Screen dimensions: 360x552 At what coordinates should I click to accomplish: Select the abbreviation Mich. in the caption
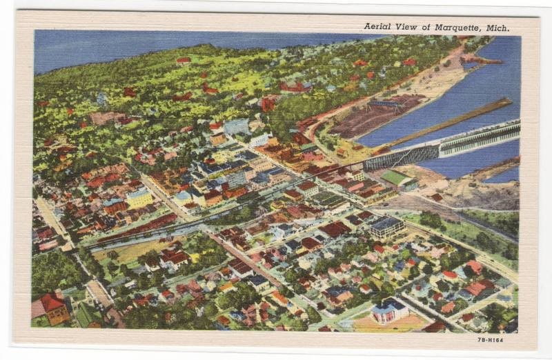point(497,28)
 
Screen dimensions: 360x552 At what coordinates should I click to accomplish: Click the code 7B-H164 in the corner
point(490,339)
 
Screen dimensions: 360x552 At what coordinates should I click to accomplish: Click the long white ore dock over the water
point(476,138)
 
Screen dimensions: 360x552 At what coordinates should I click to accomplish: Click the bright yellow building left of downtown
point(139,198)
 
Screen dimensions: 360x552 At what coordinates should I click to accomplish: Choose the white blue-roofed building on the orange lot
point(389,310)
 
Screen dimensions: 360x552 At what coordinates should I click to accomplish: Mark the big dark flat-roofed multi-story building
point(386,226)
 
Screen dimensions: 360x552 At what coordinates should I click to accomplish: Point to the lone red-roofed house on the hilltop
point(183,61)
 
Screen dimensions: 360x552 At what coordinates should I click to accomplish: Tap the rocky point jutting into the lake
point(480,61)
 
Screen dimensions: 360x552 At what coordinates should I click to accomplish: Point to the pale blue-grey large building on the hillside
point(236,126)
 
